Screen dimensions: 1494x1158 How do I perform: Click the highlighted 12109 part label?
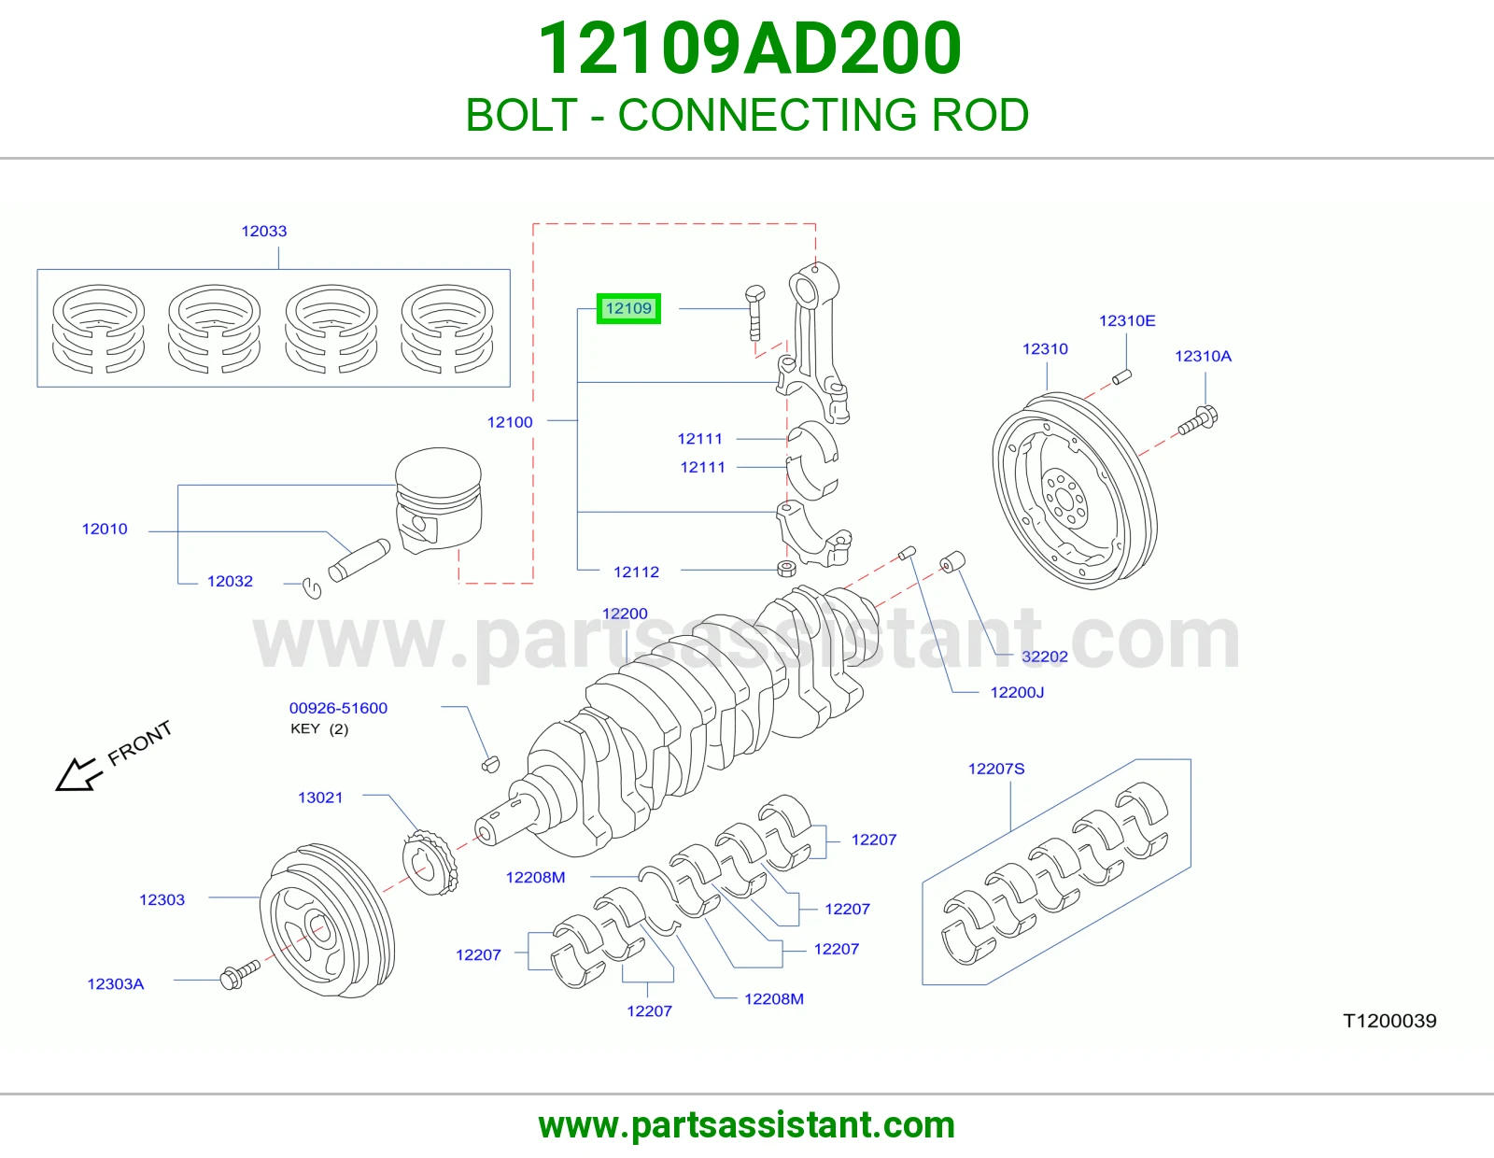tap(628, 308)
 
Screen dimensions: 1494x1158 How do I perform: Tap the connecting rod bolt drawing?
tap(754, 313)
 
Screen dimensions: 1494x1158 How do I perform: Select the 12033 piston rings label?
tap(264, 231)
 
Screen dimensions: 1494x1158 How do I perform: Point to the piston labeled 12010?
tap(439, 500)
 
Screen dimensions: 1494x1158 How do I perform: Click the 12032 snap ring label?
tap(231, 581)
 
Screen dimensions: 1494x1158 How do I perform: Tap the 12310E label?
tap(1127, 320)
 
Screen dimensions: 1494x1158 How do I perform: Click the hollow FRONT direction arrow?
tap(78, 773)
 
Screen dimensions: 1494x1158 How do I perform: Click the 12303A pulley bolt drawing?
tap(240, 974)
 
